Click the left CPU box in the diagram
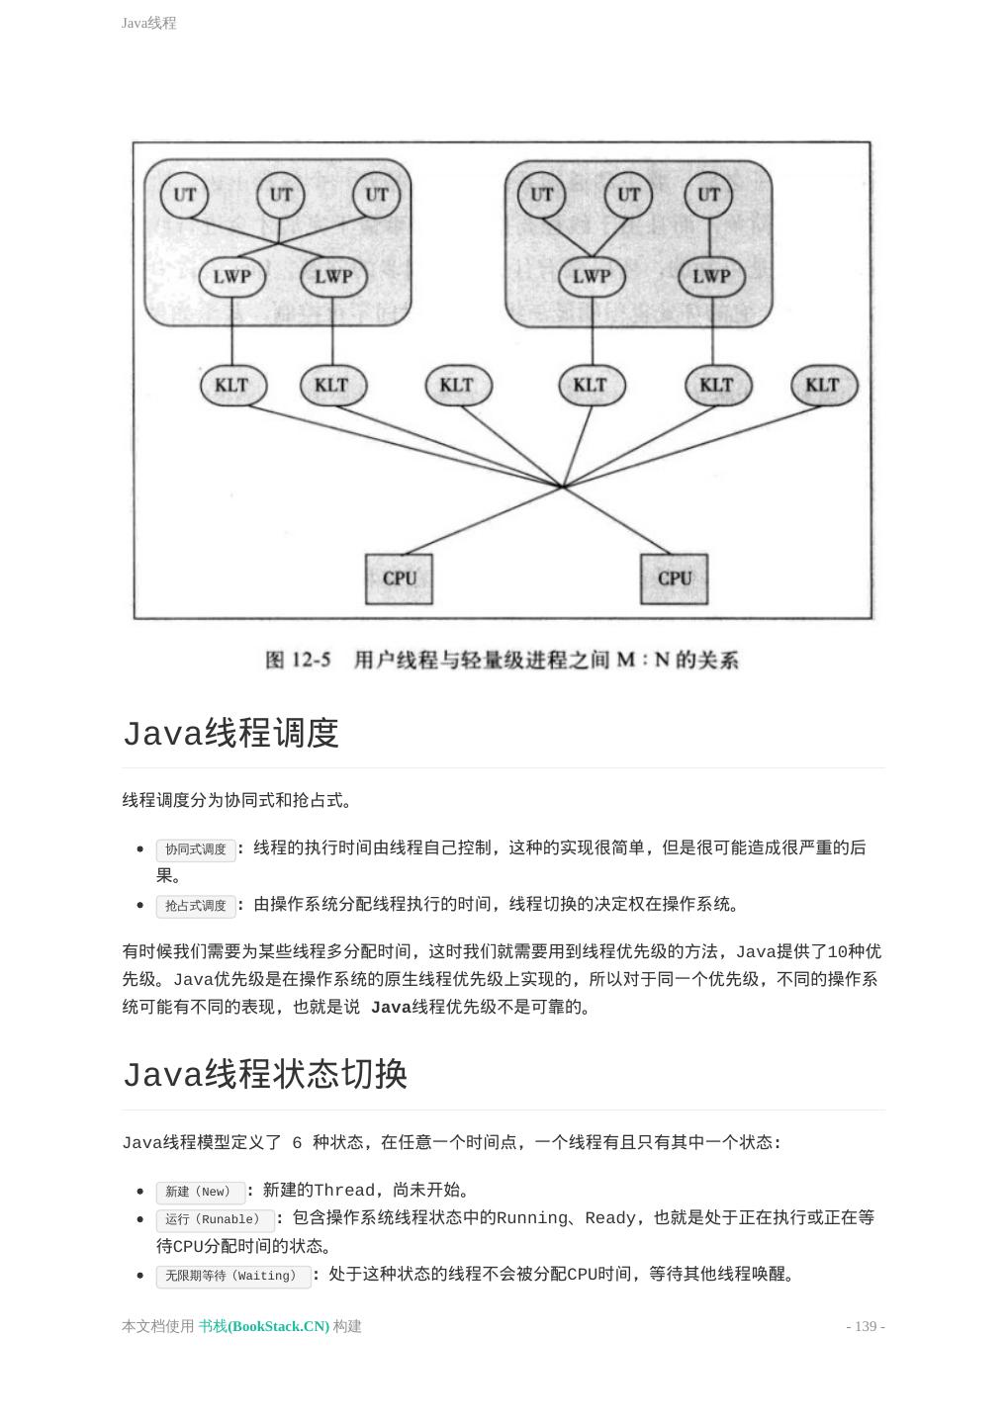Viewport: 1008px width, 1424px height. [x=400, y=578]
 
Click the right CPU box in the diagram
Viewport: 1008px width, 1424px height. [x=674, y=578]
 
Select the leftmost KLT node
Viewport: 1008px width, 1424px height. [x=232, y=385]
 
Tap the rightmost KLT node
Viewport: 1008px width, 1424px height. [x=823, y=385]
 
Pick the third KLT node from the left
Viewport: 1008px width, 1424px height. [x=457, y=385]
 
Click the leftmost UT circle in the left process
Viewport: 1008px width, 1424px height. [x=185, y=195]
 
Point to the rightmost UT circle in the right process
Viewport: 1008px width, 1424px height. [x=709, y=195]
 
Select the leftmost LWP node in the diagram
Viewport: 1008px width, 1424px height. [x=232, y=277]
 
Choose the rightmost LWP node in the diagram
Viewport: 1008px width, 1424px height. [x=711, y=277]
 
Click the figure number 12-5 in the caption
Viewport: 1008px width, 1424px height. [x=311, y=660]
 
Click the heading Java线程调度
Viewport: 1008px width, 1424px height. [x=231, y=733]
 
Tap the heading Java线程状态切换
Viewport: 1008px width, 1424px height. [x=265, y=1074]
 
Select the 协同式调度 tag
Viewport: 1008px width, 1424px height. [x=196, y=849]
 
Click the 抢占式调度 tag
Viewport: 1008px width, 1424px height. [x=196, y=906]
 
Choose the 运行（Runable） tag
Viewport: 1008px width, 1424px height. [x=214, y=1219]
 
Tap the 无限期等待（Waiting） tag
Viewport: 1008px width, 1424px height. [x=231, y=1276]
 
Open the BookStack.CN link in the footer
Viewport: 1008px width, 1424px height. [x=264, y=1326]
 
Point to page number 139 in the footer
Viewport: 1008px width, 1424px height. [x=866, y=1326]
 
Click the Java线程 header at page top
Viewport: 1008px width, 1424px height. [x=148, y=23]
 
